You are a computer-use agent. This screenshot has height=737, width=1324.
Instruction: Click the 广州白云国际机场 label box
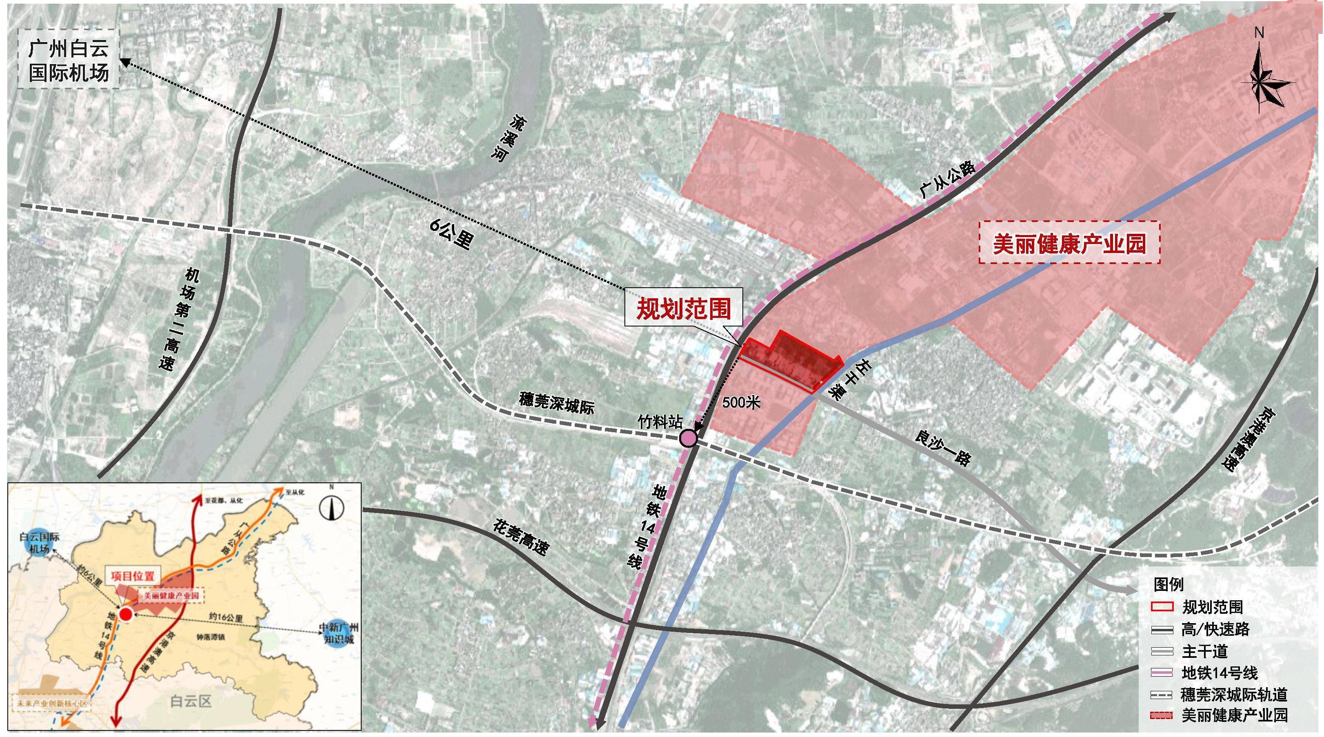[68, 60]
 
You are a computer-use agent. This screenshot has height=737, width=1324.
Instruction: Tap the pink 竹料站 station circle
[688, 438]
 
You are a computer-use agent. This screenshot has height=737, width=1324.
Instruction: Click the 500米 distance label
[741, 402]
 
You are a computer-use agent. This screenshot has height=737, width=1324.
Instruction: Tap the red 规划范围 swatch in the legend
[1160, 607]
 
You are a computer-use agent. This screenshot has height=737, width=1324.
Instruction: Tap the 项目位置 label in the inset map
[132, 576]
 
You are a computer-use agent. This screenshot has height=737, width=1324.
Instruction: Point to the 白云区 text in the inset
[191, 701]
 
